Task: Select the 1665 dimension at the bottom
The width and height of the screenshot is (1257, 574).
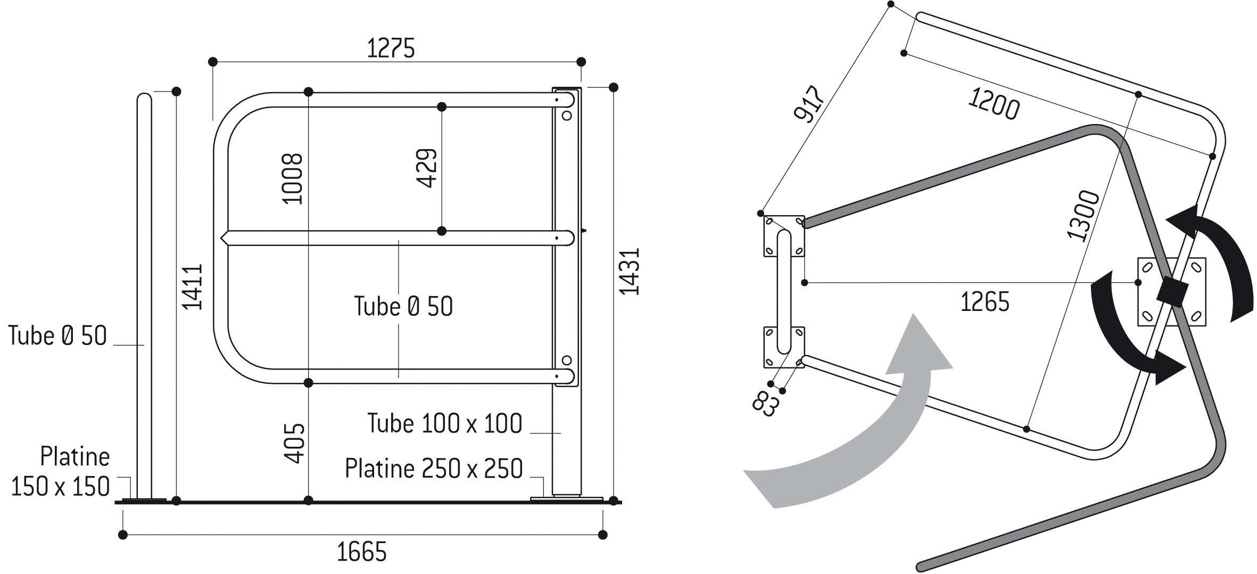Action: [362, 552]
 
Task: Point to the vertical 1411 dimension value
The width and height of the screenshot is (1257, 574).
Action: [192, 286]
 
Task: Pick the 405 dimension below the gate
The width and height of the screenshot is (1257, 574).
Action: [293, 443]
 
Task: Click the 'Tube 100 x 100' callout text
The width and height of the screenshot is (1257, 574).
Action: [445, 424]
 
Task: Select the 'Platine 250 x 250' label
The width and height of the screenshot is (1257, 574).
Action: [434, 469]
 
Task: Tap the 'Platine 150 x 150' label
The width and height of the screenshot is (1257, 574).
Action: [60, 472]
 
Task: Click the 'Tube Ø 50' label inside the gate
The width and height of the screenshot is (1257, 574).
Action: [403, 307]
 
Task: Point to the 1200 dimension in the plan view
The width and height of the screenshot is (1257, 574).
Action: [993, 104]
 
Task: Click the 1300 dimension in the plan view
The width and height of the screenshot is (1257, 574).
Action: [1082, 216]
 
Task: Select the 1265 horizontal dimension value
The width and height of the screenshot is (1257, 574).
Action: [985, 302]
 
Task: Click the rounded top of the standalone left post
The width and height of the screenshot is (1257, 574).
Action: [144, 99]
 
